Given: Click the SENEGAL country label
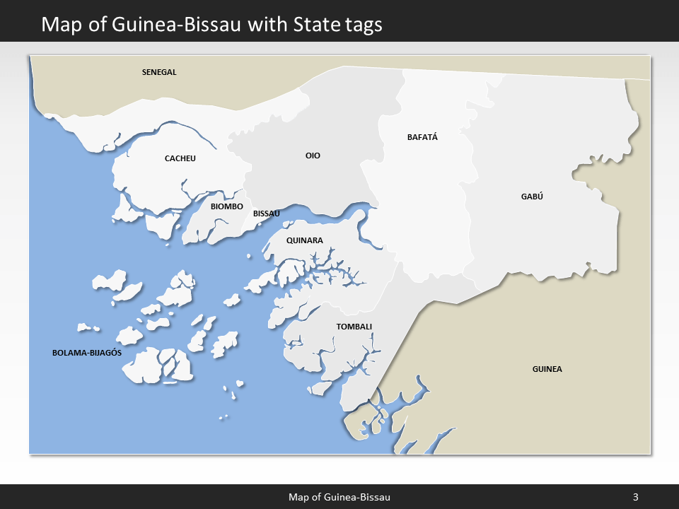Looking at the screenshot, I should (x=159, y=72).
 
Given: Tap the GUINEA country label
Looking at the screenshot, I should (x=547, y=369).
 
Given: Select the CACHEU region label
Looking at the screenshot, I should (x=180, y=158).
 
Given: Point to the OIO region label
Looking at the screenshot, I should (x=313, y=156).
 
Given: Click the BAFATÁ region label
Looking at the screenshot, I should (x=422, y=137).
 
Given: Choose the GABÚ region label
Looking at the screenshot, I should (x=531, y=197).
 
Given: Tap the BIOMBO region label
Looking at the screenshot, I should (x=227, y=206).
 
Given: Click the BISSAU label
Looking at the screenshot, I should (x=267, y=213).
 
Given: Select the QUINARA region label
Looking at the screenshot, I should (x=304, y=240).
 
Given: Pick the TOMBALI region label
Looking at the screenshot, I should (x=354, y=327).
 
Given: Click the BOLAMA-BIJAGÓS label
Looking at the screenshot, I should (x=88, y=352).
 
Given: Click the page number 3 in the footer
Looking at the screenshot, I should (x=635, y=497).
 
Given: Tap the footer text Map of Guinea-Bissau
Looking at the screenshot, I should (x=339, y=497).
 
